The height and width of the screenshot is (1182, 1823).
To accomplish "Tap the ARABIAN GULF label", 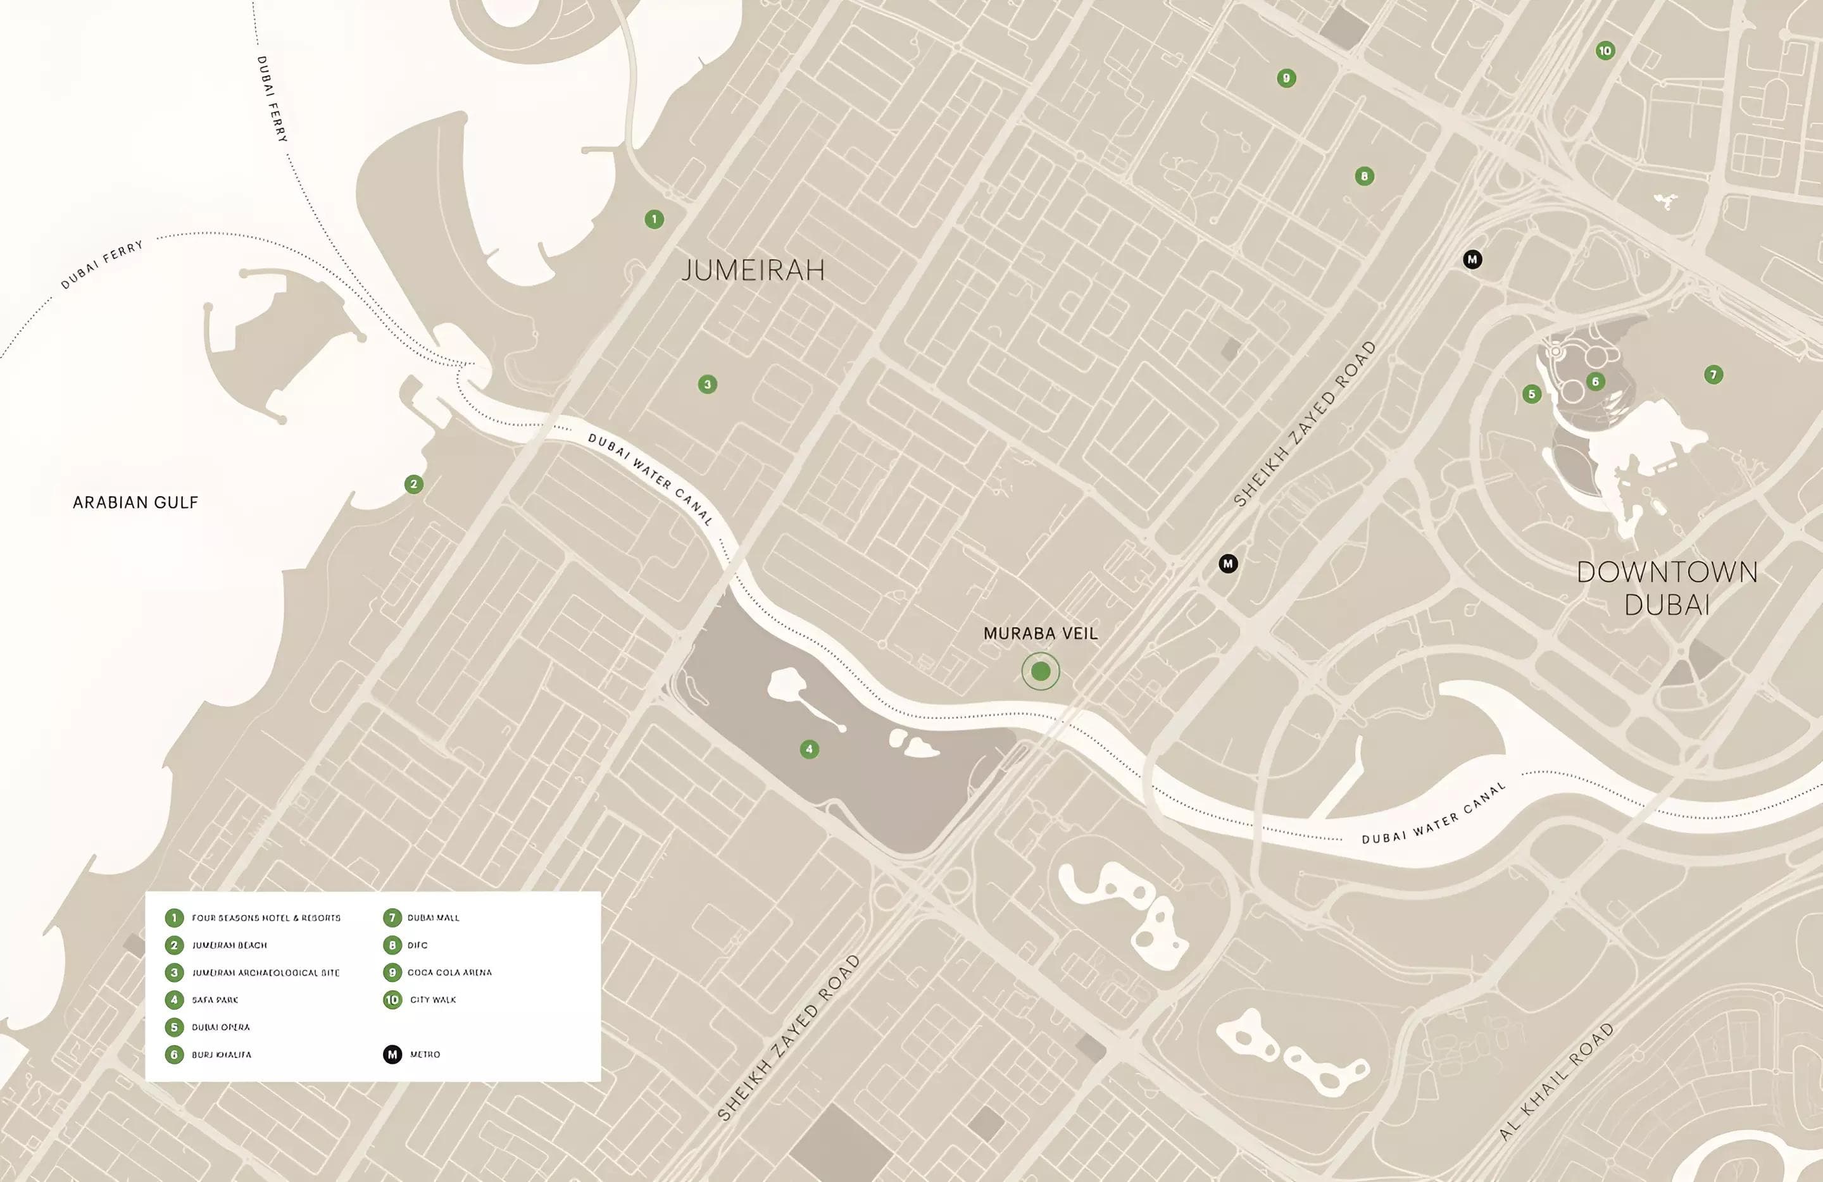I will (x=135, y=503).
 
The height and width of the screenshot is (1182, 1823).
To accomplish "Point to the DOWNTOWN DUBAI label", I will (x=1667, y=588).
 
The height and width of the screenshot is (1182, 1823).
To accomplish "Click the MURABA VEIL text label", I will (x=1040, y=634).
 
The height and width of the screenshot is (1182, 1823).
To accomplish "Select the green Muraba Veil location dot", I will (x=1040, y=671).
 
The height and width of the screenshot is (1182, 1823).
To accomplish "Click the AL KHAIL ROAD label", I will (x=1556, y=1081).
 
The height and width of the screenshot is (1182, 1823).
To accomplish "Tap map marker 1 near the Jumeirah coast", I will (x=653, y=220).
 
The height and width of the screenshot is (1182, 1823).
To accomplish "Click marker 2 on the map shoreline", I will (x=413, y=484).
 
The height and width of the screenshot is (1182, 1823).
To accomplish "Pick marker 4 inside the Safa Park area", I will (x=809, y=749).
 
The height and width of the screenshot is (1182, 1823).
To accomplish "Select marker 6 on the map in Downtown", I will (x=1596, y=382).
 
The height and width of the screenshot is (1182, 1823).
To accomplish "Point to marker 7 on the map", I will (x=1713, y=375).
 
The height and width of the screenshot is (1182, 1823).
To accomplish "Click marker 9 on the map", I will (x=1286, y=78).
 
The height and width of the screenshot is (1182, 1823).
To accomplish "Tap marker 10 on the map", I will (x=1605, y=51).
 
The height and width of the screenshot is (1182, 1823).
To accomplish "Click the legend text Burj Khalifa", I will (x=222, y=1055).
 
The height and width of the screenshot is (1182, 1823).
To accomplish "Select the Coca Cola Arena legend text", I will (x=449, y=973).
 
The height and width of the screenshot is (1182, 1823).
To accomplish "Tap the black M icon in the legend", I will (x=392, y=1055).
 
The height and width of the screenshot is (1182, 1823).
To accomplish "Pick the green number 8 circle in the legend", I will (x=392, y=945).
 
